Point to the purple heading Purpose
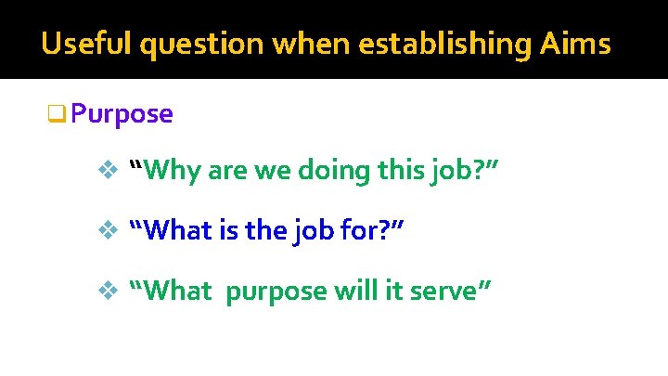pyautogui.click(x=122, y=114)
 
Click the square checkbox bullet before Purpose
pyautogui.click(x=56, y=115)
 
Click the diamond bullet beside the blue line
pyautogui.click(x=105, y=231)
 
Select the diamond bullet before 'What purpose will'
pyautogui.click(x=105, y=292)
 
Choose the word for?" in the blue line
pyautogui.click(x=378, y=230)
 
